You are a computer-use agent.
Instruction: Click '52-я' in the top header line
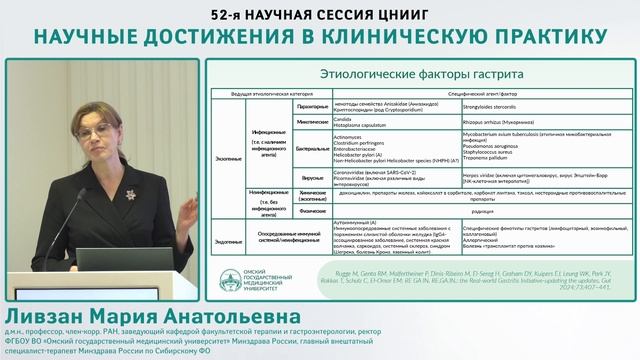[228, 12]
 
